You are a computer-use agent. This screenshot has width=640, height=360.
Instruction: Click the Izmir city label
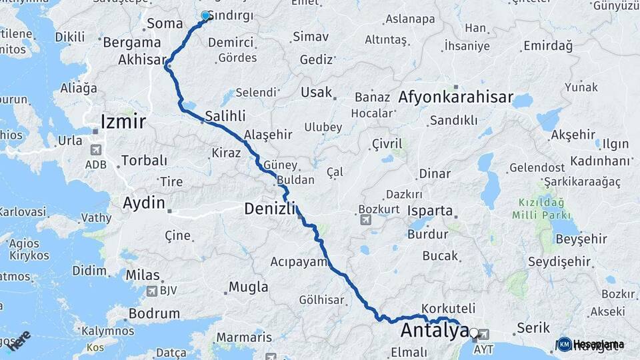[x=123, y=121]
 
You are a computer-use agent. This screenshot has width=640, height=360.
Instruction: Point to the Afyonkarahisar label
[x=456, y=97]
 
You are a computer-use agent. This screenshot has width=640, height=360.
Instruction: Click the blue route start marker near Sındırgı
[x=206, y=15]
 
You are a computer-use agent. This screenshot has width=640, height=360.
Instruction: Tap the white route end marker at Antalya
[x=473, y=332]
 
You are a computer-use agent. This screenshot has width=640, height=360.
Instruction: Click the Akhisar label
[x=141, y=60]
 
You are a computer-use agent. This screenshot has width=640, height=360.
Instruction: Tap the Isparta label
[x=430, y=211]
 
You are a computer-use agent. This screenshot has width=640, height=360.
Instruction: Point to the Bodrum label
[x=153, y=313]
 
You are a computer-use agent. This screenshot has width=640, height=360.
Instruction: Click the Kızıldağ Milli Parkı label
[x=541, y=209]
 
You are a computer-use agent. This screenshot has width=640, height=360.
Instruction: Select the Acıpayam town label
[x=299, y=261]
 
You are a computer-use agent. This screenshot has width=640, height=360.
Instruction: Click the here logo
[x=19, y=340]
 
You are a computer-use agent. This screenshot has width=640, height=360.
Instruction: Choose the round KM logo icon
[x=564, y=344]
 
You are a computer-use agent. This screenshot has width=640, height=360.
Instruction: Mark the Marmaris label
[x=244, y=337]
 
